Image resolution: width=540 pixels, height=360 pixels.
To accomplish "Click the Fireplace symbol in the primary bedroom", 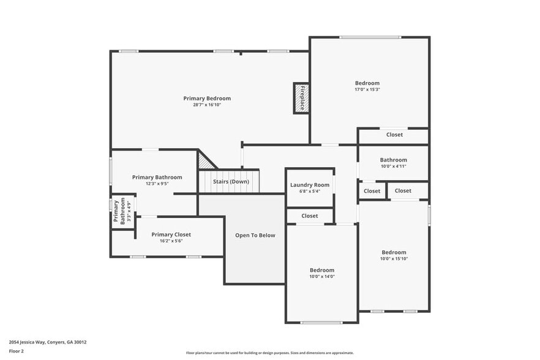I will pyautogui.click(x=301, y=97).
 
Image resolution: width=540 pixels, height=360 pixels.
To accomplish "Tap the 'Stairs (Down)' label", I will pyautogui.click(x=231, y=182).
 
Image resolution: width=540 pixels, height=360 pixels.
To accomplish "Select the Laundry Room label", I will pyautogui.click(x=310, y=185).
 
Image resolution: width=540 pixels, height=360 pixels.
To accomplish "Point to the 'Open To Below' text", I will pyautogui.click(x=255, y=235).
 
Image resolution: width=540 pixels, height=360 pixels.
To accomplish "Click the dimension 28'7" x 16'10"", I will pyautogui.click(x=207, y=105).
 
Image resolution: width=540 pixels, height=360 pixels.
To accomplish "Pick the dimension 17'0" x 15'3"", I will pyautogui.click(x=367, y=90).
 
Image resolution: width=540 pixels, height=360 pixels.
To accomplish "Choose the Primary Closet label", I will pyautogui.click(x=171, y=234).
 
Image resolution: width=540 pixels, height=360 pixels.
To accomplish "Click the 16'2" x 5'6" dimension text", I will pyautogui.click(x=171, y=241).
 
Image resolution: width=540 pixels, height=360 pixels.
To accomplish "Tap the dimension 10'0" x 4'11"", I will pyautogui.click(x=393, y=166).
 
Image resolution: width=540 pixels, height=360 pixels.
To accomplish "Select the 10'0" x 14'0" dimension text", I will pyautogui.click(x=321, y=277).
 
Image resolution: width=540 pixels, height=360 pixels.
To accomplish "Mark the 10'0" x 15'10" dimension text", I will pyautogui.click(x=394, y=259).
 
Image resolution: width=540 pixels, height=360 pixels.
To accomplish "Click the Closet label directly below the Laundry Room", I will pyautogui.click(x=310, y=216).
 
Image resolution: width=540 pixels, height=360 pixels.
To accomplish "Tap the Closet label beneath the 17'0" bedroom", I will pyautogui.click(x=394, y=135).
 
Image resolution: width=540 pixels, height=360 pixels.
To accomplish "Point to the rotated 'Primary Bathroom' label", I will pyautogui.click(x=118, y=212).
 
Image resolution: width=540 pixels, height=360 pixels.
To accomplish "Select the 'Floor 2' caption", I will pyautogui.click(x=17, y=351).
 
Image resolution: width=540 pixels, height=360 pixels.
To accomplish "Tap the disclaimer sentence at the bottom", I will pyautogui.click(x=270, y=353).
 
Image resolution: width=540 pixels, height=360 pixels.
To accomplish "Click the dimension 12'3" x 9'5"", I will pyautogui.click(x=157, y=184).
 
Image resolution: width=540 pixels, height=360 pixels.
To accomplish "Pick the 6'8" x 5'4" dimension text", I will pyautogui.click(x=310, y=191).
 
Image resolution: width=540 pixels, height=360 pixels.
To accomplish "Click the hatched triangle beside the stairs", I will pyautogui.click(x=205, y=160).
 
